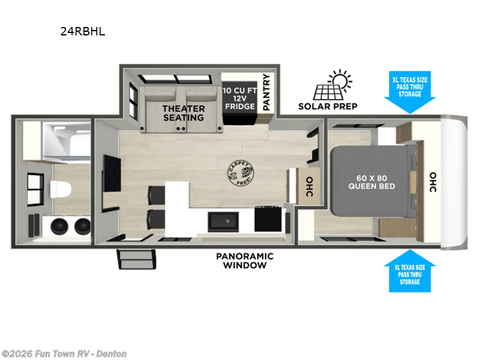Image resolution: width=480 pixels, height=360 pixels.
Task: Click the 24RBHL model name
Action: coord(82,32)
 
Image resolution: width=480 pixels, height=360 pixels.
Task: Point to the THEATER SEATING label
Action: coord(184,113)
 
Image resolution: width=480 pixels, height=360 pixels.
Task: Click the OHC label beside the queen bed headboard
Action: coord(433,182)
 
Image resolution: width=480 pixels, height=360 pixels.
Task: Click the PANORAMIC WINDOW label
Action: coord(244,260)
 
